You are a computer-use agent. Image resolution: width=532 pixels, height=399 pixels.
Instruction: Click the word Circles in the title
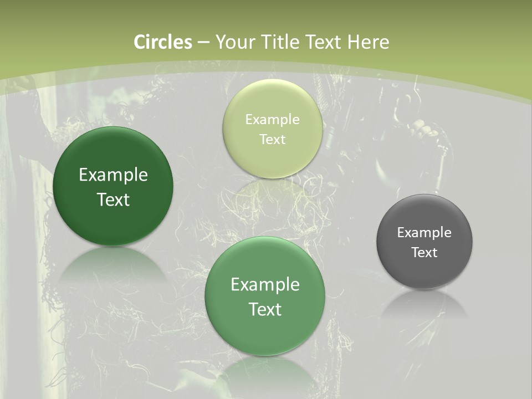163,42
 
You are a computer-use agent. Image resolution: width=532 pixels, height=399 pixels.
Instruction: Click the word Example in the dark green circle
113,175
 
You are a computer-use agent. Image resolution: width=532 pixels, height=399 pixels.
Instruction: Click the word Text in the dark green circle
113,199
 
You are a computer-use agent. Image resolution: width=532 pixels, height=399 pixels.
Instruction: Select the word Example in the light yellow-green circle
272,120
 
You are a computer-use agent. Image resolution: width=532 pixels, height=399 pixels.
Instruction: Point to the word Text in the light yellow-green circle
272,140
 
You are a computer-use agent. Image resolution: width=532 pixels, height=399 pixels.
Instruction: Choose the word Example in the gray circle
424,233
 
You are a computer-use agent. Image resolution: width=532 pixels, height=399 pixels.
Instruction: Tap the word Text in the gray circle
424,253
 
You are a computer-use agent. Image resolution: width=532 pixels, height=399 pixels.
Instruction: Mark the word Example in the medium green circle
265,285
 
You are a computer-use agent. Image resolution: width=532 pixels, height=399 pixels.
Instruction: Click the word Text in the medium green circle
265,309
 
